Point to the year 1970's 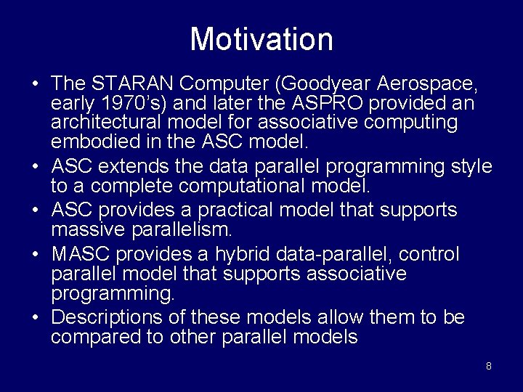(x=121, y=103)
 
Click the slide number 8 (x=488, y=366)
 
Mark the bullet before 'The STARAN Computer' (x=34, y=84)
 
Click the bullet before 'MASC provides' (x=34, y=255)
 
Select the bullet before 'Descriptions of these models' (x=34, y=318)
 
